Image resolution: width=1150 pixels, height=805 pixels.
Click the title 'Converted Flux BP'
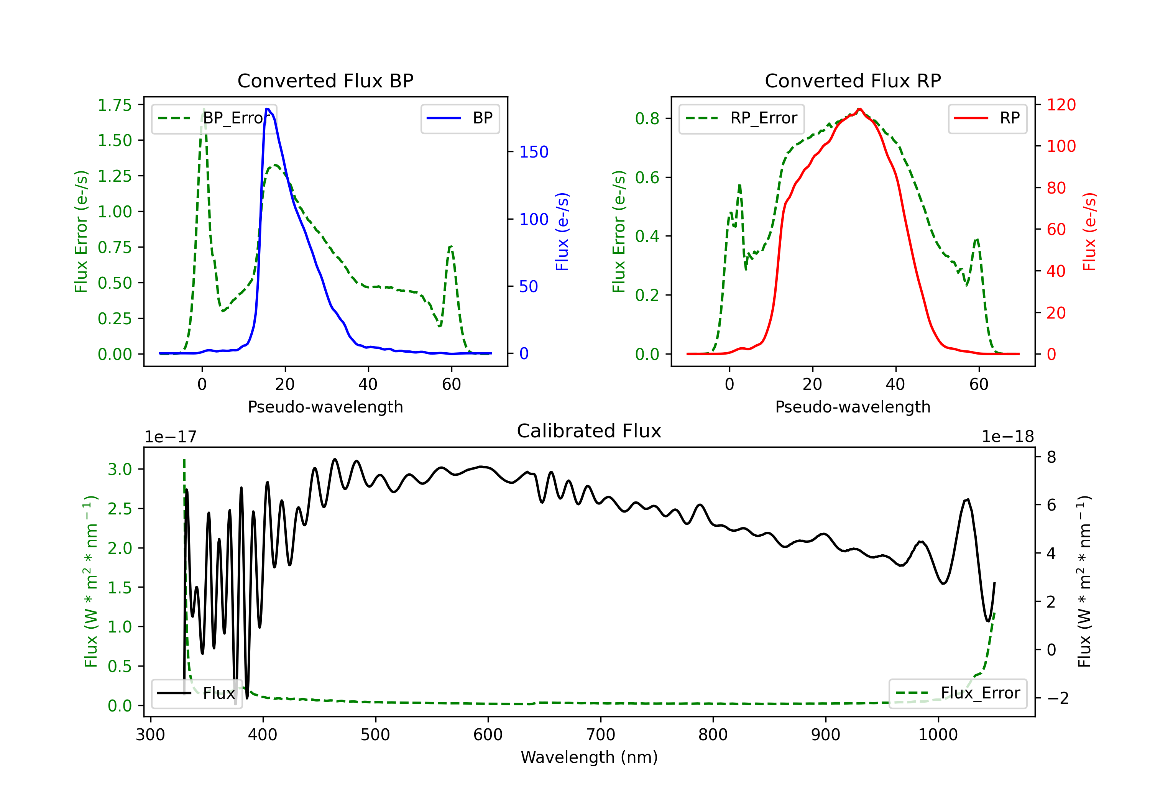tap(325, 80)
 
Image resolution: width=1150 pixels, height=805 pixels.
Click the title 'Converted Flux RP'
tap(853, 80)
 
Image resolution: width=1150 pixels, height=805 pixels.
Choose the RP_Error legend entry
tap(741, 118)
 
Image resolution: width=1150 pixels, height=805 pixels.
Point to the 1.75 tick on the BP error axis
tap(115, 105)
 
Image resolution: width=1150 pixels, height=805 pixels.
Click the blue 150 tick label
tap(534, 152)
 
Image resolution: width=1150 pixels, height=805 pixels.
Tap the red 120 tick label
tap(1061, 105)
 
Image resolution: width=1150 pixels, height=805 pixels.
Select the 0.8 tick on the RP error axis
tap(647, 119)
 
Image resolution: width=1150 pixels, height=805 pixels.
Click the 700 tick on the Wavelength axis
tap(601, 734)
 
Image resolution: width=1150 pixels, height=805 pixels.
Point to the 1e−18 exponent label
tap(1007, 437)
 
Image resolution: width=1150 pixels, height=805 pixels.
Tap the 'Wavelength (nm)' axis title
tap(589, 757)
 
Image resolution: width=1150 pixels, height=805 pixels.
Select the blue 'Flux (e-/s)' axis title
tap(562, 232)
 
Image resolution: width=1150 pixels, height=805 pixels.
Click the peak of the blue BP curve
tap(268, 109)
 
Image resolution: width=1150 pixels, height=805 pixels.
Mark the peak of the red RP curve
tap(859, 109)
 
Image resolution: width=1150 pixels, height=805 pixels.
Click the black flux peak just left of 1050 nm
tap(967, 499)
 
